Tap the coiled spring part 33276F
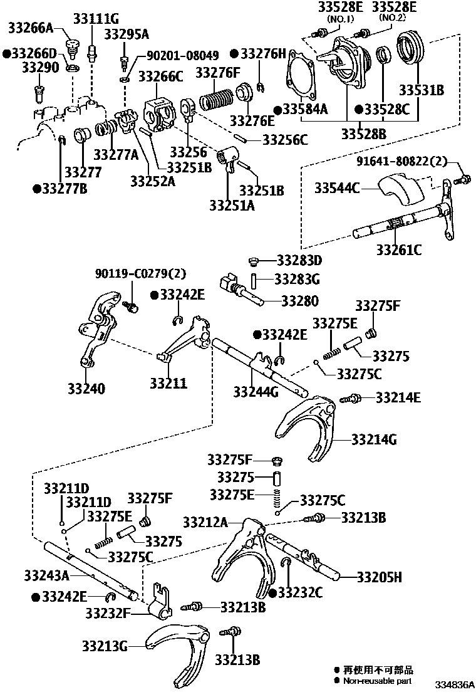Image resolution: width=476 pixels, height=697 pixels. click(x=219, y=99)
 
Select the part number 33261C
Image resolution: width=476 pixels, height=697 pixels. click(x=399, y=249)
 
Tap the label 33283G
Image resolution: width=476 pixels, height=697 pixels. click(x=297, y=278)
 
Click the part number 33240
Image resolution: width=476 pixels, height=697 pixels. click(x=86, y=389)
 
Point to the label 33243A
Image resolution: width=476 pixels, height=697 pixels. click(x=46, y=574)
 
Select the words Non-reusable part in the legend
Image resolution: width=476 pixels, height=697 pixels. click(x=378, y=681)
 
